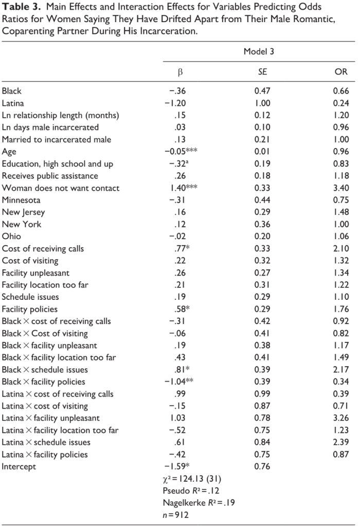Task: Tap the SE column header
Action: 262,72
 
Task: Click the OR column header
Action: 341,72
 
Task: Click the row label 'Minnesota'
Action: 21,200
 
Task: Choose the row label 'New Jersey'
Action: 23,212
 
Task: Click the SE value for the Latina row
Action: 262,103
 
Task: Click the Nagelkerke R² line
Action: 199,503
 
